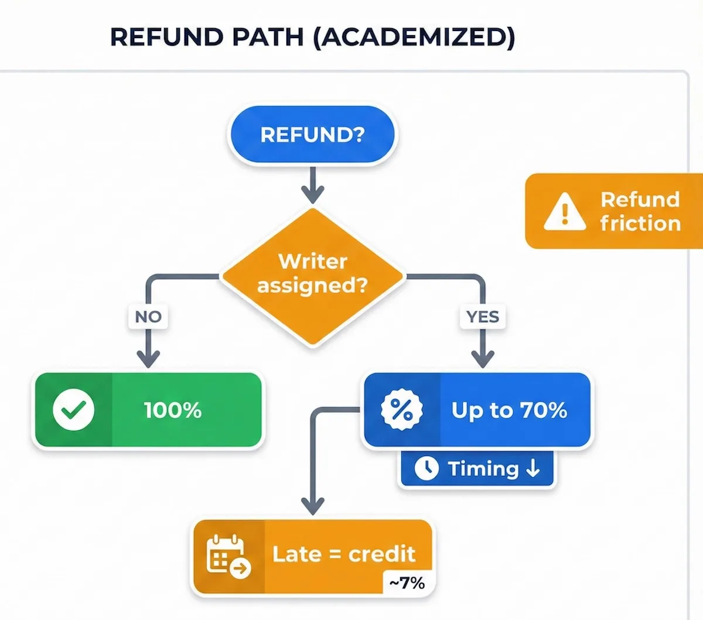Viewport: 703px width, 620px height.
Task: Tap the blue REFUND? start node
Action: [x=312, y=135]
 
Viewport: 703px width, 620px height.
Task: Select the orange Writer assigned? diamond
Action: [x=312, y=274]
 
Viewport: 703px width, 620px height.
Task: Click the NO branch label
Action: [x=148, y=317]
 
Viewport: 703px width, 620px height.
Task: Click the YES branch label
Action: [x=483, y=317]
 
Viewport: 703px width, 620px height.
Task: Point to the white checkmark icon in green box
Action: [x=73, y=410]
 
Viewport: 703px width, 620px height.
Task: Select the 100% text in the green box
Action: [x=173, y=410]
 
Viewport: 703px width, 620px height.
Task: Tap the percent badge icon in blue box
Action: [x=401, y=410]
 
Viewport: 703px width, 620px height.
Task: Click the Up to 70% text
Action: [x=509, y=410]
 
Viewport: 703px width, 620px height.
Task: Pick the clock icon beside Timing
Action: [x=426, y=468]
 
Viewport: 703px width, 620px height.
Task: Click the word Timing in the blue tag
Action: [x=483, y=468]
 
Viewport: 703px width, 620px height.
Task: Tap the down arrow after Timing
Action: [x=533, y=468]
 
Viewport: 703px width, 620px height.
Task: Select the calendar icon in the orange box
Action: [x=227, y=555]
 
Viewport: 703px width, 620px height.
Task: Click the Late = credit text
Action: [x=344, y=554]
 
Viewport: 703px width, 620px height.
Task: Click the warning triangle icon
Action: [x=564, y=211]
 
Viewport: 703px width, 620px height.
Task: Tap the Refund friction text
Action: [x=640, y=211]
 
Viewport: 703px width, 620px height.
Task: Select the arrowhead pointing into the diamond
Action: [x=313, y=195]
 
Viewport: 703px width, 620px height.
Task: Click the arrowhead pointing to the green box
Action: [x=148, y=358]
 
